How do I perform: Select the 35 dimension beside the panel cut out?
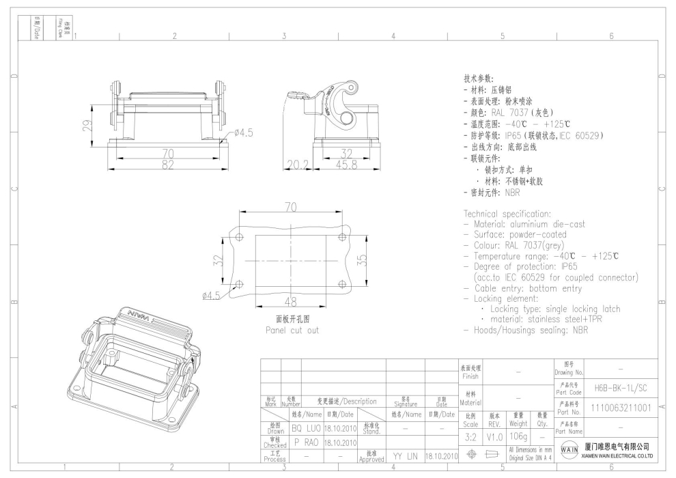tap(363, 260)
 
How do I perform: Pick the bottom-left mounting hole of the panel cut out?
tap(238, 285)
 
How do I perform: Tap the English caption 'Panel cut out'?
tap(292, 330)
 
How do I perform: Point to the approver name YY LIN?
tap(405, 455)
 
